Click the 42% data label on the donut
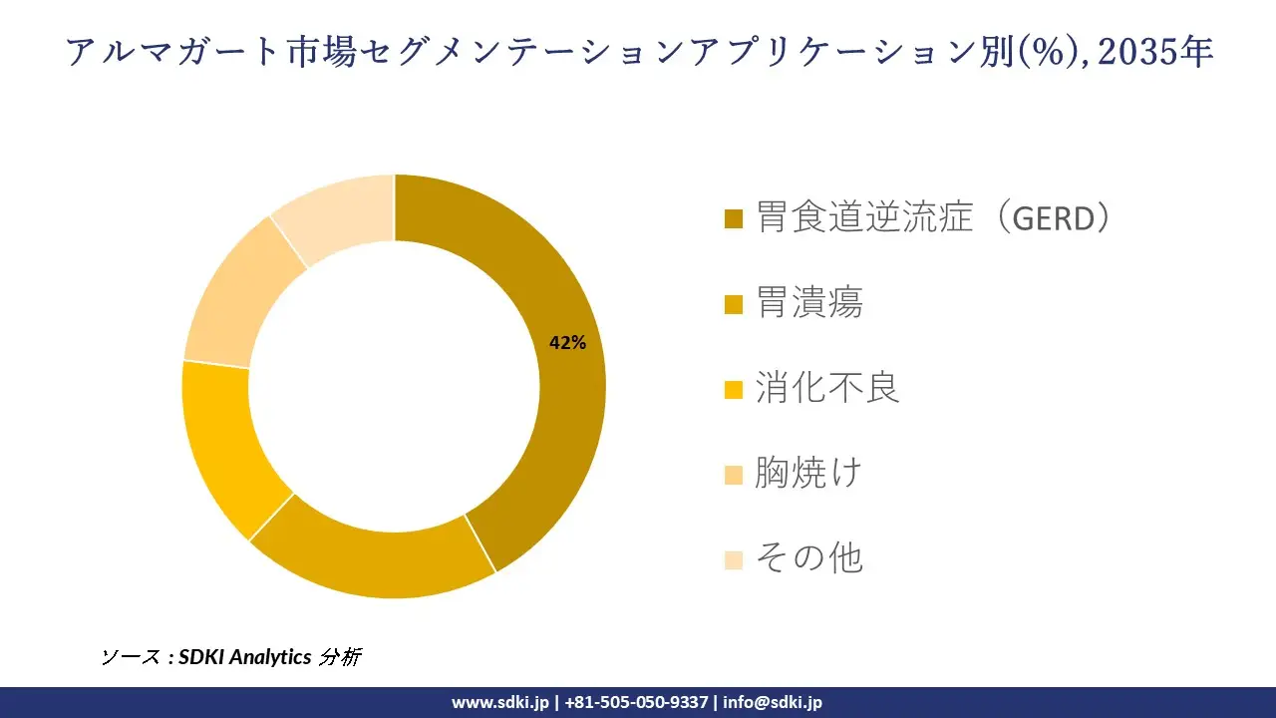567,343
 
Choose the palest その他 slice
339,214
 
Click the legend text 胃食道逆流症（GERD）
933,216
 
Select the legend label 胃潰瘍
808,302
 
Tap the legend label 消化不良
827,388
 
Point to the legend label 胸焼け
807,473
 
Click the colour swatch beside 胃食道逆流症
734,218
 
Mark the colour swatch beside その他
734,560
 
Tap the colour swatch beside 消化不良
734,390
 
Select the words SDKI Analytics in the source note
244,657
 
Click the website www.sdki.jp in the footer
499,702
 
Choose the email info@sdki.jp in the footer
773,702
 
